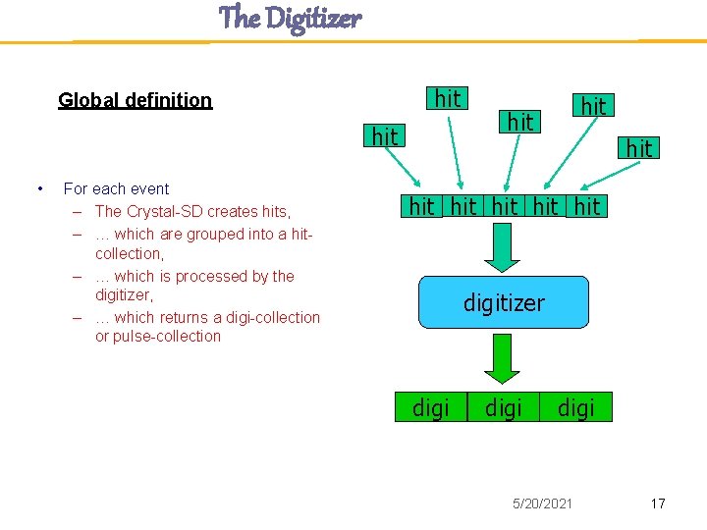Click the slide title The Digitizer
pyautogui.click(x=290, y=18)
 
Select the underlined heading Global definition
pyautogui.click(x=135, y=100)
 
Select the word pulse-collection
pyautogui.click(x=167, y=336)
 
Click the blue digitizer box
pyautogui.click(x=504, y=302)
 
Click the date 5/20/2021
pyautogui.click(x=541, y=503)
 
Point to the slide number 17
pyautogui.click(x=658, y=503)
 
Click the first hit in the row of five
pyautogui.click(x=421, y=206)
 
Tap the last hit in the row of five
pyautogui.click(x=587, y=206)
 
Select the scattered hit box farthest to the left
pyautogui.click(x=385, y=137)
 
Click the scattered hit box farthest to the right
pyautogui.click(x=639, y=148)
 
